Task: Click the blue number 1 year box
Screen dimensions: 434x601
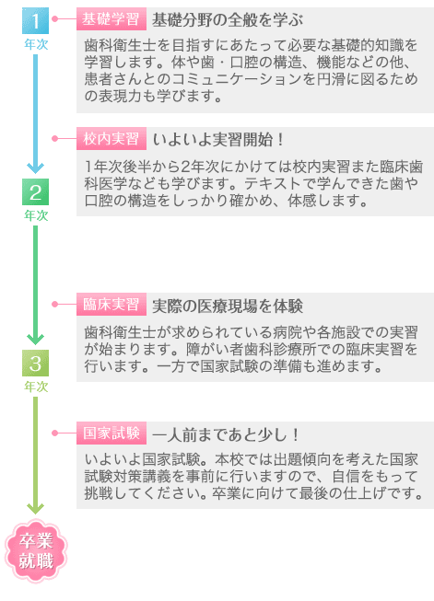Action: tap(35, 20)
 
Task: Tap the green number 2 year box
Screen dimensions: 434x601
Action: tap(35, 191)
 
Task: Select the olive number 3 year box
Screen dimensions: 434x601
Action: tap(35, 363)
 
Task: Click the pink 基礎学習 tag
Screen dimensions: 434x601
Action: tap(111, 18)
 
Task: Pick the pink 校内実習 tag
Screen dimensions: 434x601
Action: tap(111, 138)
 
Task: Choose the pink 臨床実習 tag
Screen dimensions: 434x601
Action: tap(111, 305)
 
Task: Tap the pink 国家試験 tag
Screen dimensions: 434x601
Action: tap(111, 433)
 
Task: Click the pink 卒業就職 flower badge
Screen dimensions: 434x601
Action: tap(36, 550)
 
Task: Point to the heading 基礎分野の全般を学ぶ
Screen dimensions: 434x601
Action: tap(228, 19)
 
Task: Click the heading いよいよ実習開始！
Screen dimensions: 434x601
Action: tap(218, 140)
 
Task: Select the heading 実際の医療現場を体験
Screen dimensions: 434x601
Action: tap(228, 306)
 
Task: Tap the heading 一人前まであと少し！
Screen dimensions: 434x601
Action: tap(226, 434)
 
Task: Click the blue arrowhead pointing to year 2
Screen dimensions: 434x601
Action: tap(35, 168)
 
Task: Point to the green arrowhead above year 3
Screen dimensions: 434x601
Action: tap(35, 339)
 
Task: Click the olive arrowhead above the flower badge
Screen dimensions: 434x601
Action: tap(35, 508)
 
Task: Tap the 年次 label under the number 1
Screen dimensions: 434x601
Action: tap(36, 44)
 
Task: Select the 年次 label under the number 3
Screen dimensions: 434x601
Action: tap(36, 387)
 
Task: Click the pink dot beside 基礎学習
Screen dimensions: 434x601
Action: tap(55, 18)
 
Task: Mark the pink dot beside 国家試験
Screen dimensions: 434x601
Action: tap(55, 433)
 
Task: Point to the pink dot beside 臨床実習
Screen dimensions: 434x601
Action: tap(55, 304)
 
